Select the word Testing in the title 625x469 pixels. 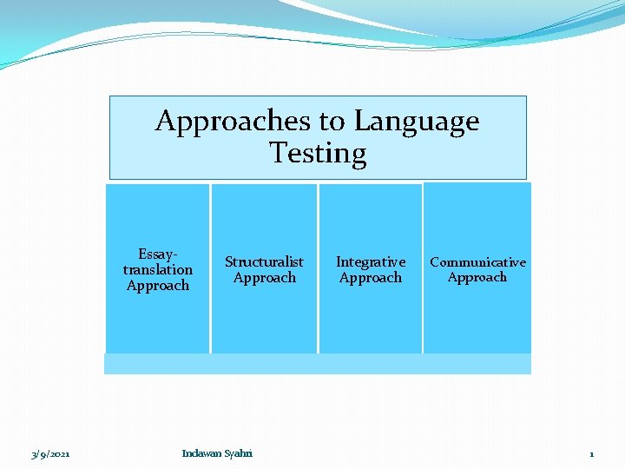click(x=318, y=154)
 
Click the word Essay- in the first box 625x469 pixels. click(x=158, y=254)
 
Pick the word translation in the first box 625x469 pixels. click(x=158, y=269)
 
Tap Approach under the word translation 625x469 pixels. click(x=158, y=286)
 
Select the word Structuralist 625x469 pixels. click(x=264, y=261)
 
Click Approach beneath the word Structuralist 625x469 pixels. click(x=264, y=278)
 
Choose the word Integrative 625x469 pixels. click(x=371, y=261)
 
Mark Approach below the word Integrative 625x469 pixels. click(x=371, y=278)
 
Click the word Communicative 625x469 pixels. click(x=477, y=261)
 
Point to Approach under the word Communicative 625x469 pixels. click(x=477, y=278)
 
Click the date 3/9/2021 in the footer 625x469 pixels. click(x=50, y=454)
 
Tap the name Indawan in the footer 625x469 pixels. click(x=201, y=453)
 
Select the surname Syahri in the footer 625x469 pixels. click(x=238, y=453)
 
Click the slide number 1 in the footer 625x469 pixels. click(x=591, y=454)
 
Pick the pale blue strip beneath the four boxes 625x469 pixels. click(x=318, y=364)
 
